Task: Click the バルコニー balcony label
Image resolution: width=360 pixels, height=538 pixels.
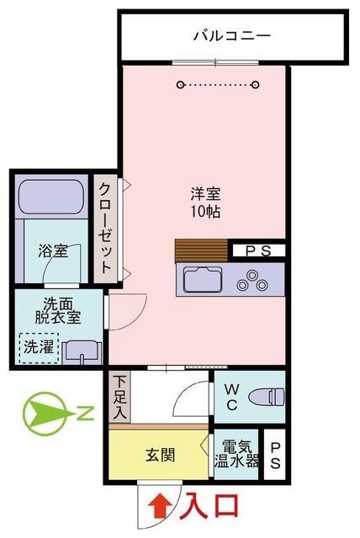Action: [232, 35]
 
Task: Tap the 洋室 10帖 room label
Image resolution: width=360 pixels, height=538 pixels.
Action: [205, 203]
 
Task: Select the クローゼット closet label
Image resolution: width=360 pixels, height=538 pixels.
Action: [105, 228]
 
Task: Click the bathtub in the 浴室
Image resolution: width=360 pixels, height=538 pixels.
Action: [52, 197]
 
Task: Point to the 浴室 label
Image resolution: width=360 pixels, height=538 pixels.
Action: [52, 251]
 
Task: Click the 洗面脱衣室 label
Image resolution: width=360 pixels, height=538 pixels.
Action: [58, 310]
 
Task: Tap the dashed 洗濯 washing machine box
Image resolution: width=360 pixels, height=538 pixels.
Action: [40, 348]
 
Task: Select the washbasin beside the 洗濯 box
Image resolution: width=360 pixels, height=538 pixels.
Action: [84, 353]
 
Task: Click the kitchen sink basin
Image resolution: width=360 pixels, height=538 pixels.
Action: [203, 280]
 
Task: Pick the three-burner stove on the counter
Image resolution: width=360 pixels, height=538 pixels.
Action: [252, 282]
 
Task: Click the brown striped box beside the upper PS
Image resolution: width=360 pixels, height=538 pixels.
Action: [201, 251]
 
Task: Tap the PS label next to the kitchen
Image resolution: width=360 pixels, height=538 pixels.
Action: [258, 251]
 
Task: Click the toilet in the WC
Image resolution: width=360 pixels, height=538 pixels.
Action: [267, 397]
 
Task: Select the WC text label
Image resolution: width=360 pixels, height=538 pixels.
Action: [232, 398]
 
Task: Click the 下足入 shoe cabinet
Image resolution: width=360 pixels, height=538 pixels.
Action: [119, 398]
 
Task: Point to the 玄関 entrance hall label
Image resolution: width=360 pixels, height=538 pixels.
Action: [161, 456]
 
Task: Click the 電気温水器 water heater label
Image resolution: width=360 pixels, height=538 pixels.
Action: [236, 454]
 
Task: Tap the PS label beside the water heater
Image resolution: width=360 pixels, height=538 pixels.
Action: [275, 455]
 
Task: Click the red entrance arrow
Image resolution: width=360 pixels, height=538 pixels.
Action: [161, 505]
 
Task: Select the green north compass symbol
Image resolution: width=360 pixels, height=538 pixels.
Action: [51, 414]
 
